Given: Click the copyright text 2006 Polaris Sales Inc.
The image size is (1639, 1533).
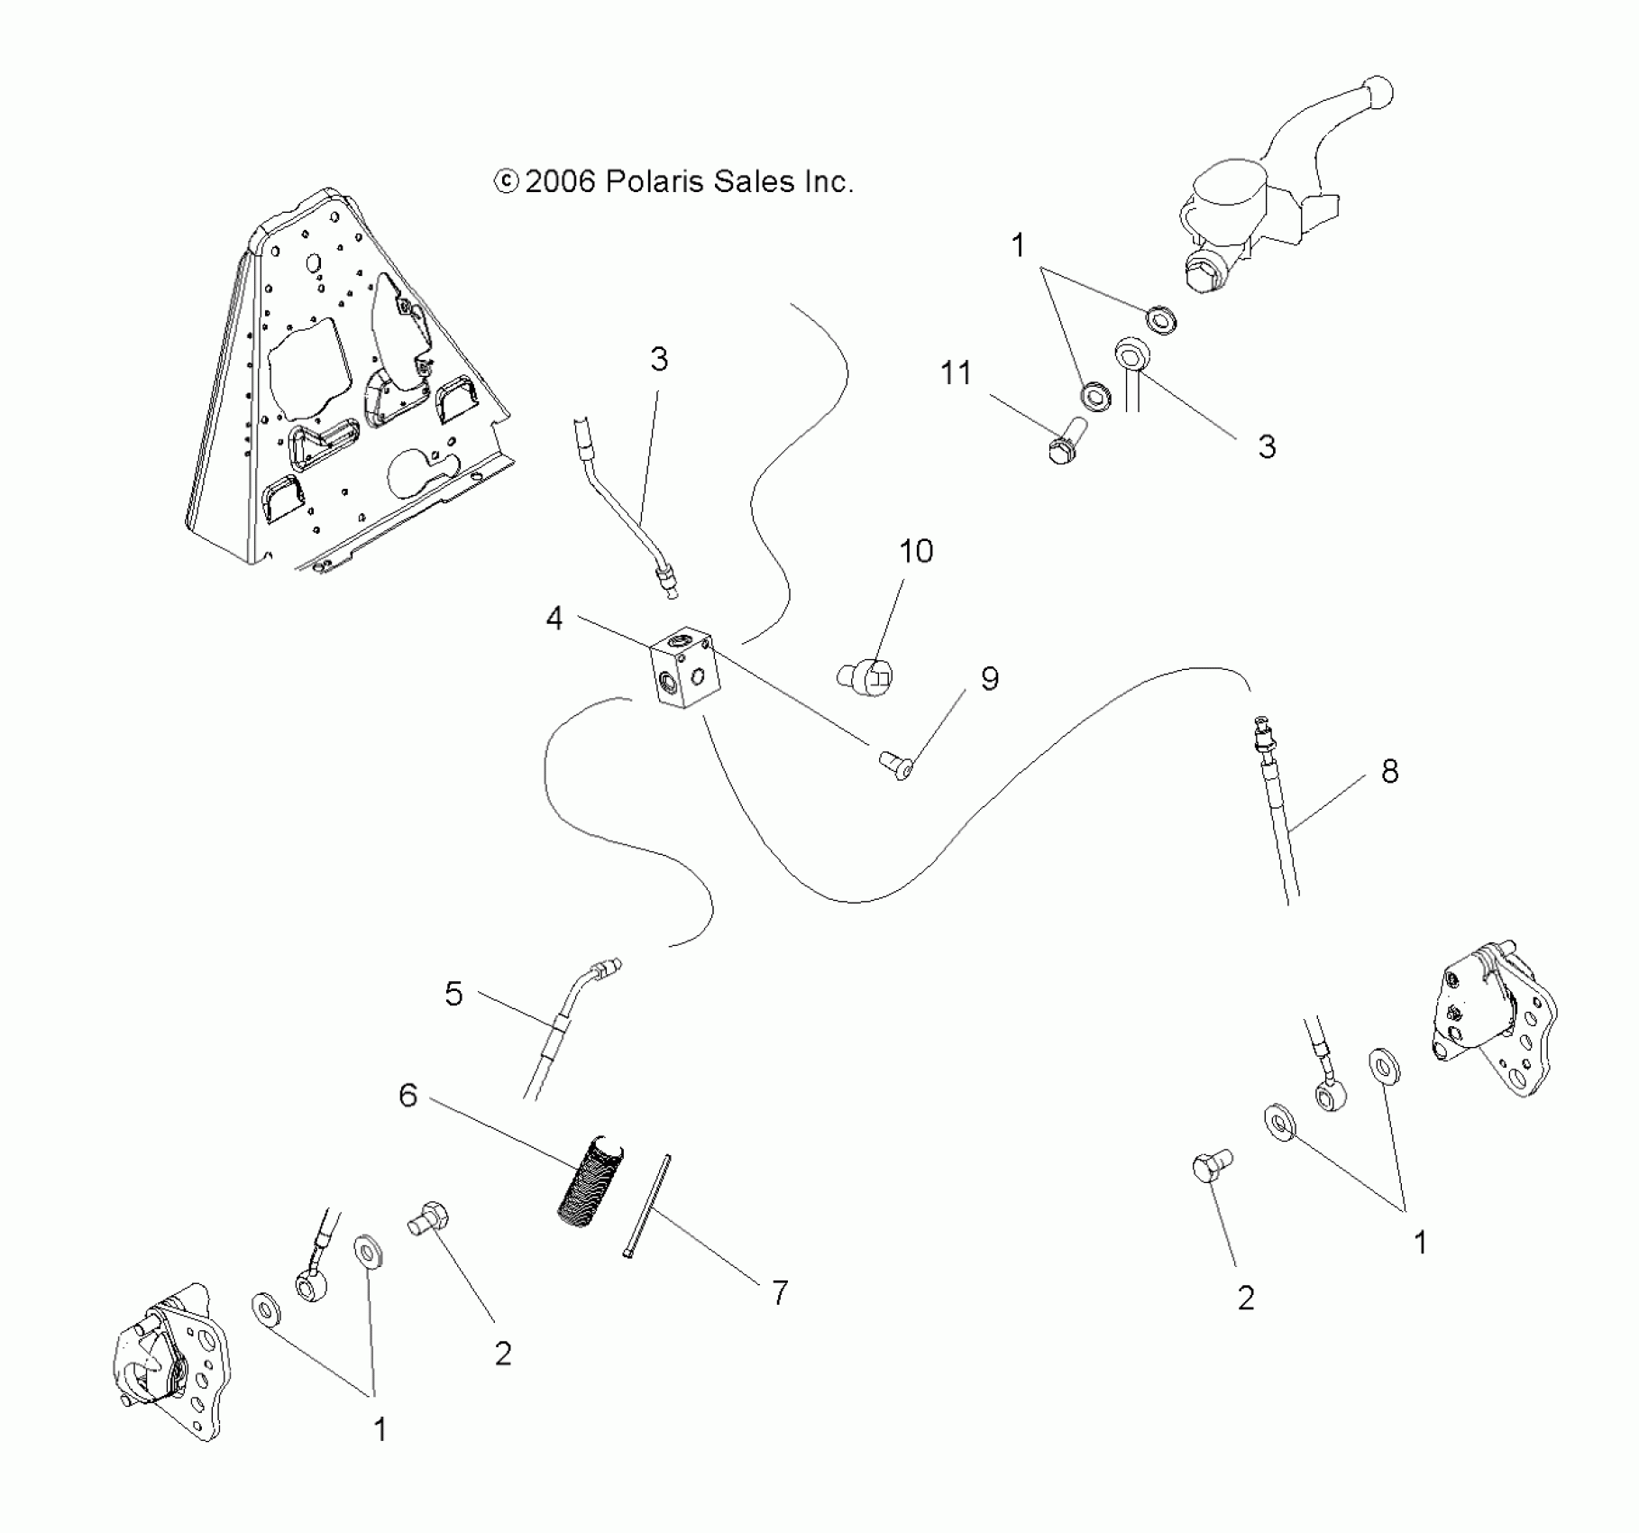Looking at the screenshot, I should pyautogui.click(x=673, y=182).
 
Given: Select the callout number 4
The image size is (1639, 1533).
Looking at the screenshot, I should pyautogui.click(x=554, y=619).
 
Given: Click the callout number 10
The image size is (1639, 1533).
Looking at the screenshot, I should pyautogui.click(x=916, y=551).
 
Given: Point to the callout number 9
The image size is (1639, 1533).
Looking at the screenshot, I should pyautogui.click(x=990, y=679).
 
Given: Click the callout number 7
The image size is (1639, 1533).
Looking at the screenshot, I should pyautogui.click(x=780, y=1292).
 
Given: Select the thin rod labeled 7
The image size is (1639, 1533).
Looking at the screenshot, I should pyautogui.click(x=646, y=1206).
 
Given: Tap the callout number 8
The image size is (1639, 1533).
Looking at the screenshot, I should pyautogui.click(x=1389, y=771).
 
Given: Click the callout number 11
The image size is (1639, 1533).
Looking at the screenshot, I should pyautogui.click(x=956, y=372).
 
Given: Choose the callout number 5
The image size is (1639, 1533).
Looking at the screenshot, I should pyautogui.click(x=453, y=994).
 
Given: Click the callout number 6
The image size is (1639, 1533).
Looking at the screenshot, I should pyautogui.click(x=408, y=1096).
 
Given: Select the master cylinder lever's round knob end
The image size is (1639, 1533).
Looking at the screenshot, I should pyautogui.click(x=1378, y=92).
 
